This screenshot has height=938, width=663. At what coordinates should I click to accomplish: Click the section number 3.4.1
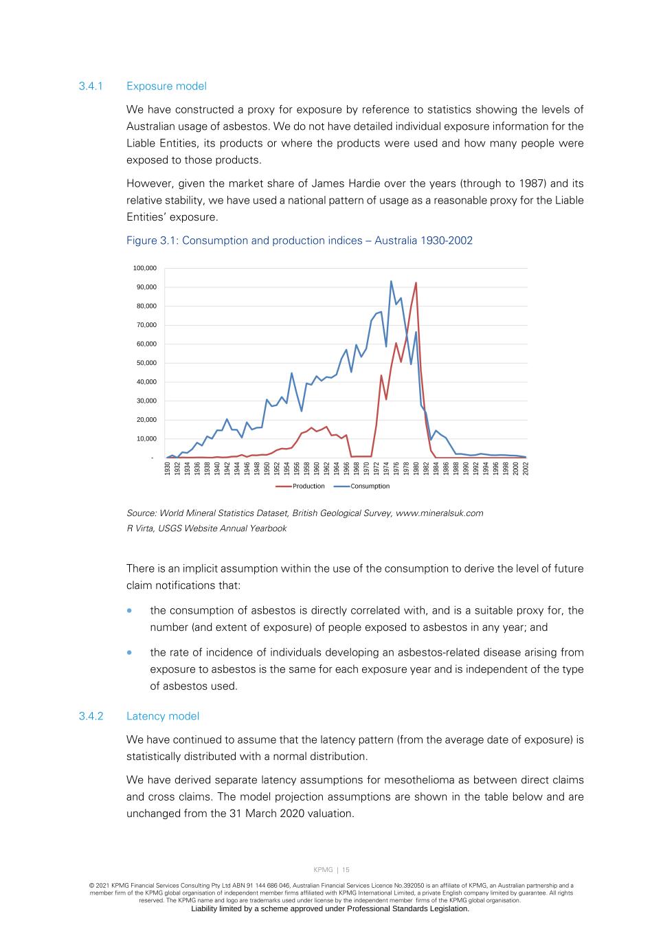pos(90,86)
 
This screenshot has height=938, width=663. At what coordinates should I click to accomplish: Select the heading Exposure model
pos(166,86)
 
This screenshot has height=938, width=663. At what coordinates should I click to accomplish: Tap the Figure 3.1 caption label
pos(299,241)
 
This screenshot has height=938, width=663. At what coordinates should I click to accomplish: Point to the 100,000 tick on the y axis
pos(145,268)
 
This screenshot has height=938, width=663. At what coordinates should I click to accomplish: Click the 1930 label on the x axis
pos(167,469)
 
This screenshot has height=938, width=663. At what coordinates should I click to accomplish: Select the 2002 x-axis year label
pos(526,469)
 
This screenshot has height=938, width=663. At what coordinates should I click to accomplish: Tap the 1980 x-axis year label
pos(416,469)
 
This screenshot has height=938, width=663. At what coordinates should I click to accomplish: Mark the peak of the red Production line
pos(416,282)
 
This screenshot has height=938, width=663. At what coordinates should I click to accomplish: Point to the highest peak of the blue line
pos(391,280)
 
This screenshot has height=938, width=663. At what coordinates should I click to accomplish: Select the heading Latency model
pos(163,716)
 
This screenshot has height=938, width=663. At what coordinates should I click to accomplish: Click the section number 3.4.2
pos(90,716)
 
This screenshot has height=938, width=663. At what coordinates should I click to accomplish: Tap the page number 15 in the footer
pos(346,870)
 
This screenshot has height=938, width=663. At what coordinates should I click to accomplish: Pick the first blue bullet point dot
pos(129,611)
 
